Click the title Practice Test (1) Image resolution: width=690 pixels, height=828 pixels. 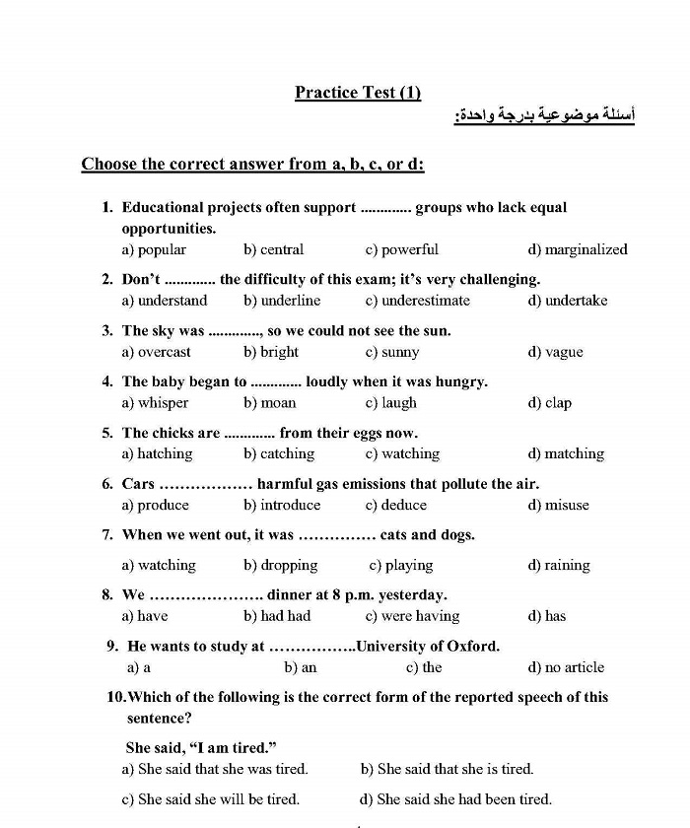[357, 93]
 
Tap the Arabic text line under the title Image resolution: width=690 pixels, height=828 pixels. [544, 116]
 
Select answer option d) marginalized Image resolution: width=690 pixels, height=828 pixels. [578, 249]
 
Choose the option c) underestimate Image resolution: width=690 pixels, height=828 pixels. [417, 301]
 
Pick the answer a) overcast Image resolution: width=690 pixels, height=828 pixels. [157, 352]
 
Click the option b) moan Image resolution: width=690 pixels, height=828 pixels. [270, 403]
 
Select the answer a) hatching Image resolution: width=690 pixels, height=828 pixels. [158, 453]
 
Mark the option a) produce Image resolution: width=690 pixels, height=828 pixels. [156, 505]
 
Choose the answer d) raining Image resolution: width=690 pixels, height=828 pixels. [559, 566]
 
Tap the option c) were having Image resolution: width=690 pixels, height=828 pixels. [412, 616]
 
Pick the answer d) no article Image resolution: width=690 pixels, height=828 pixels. [567, 667]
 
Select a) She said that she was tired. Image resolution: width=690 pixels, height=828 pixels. [215, 769]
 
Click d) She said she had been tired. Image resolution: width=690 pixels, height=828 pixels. [455, 799]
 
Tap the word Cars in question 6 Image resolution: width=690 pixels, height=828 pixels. [138, 484]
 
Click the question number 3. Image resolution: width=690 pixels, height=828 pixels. [106, 331]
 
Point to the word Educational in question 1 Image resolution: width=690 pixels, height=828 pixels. [163, 208]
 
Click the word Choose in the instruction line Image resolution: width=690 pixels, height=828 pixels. [109, 165]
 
